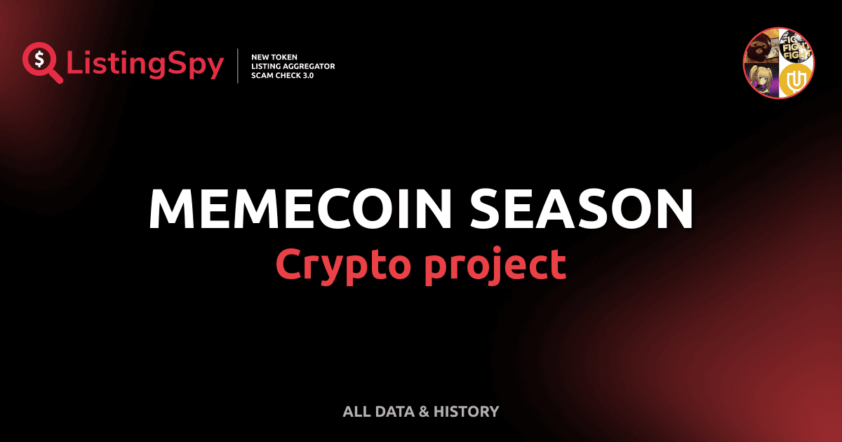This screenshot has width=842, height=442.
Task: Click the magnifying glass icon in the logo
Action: tap(41, 62)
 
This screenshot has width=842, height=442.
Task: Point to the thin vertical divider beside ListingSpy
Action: tap(239, 66)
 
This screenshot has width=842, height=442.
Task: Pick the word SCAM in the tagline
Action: tap(262, 75)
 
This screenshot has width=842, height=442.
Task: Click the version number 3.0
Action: tap(307, 75)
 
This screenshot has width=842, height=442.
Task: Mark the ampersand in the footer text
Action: tap(423, 411)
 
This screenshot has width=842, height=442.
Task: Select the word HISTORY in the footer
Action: tap(466, 411)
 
